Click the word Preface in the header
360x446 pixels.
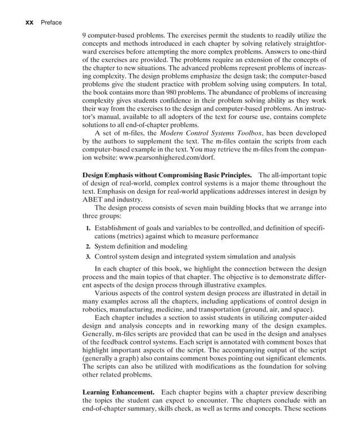[x=50, y=23]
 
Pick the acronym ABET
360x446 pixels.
[x=94, y=199]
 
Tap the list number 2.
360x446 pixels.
[x=89, y=247]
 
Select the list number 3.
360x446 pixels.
[x=89, y=257]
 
